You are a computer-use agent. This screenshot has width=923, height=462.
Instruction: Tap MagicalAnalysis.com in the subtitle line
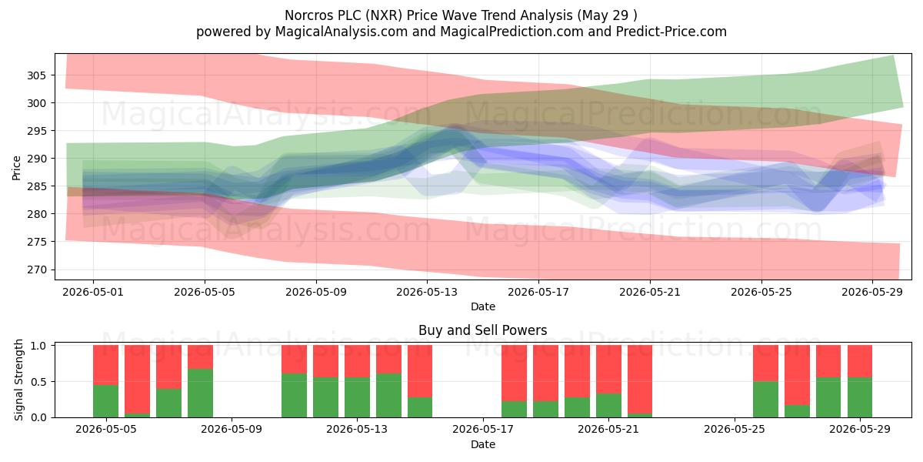click(342, 32)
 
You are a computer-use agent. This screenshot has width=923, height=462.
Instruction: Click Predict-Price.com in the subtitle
click(671, 32)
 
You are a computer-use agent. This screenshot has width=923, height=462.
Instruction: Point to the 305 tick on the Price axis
click(37, 75)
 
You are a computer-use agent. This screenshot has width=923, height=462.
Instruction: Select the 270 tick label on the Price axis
click(37, 269)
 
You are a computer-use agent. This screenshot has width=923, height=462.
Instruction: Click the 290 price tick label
click(37, 159)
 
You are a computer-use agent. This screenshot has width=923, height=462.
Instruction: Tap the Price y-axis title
click(16, 168)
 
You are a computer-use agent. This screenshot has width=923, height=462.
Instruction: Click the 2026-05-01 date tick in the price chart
click(93, 292)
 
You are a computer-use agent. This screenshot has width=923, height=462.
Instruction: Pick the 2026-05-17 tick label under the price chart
click(538, 292)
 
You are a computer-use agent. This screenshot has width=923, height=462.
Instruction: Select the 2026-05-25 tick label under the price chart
click(761, 292)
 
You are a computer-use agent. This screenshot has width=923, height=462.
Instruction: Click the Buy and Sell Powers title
click(483, 330)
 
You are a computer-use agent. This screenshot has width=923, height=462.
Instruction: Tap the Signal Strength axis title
click(18, 380)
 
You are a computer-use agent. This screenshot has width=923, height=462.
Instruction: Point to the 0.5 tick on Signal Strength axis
click(38, 382)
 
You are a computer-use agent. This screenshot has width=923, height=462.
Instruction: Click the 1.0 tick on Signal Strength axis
click(38, 346)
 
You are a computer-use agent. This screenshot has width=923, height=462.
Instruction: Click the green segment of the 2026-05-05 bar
click(106, 401)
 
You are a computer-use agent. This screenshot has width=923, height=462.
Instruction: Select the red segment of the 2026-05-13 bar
click(357, 361)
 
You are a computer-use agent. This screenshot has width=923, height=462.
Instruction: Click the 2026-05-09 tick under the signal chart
click(232, 430)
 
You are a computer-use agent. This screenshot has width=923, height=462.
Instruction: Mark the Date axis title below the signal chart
click(483, 444)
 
